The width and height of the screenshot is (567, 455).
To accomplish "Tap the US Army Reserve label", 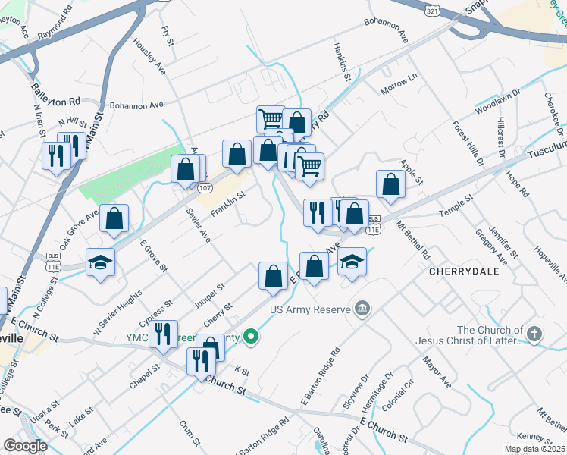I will pyautogui.click(x=310, y=309).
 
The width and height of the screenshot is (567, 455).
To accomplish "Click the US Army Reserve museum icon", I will pyautogui.click(x=363, y=309).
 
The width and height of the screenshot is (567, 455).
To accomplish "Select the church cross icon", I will pyautogui.click(x=535, y=334).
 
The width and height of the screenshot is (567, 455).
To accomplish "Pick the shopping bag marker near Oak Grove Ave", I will pyautogui.click(x=114, y=218).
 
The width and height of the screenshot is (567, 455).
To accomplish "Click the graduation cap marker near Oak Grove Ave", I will pyautogui.click(x=99, y=262).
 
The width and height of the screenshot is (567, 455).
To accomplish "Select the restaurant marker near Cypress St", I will pyautogui.click(x=163, y=334).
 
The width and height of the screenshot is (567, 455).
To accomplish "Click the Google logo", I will pyautogui.click(x=25, y=446).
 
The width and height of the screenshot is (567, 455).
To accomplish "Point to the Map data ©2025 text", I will pyautogui.click(x=534, y=449).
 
